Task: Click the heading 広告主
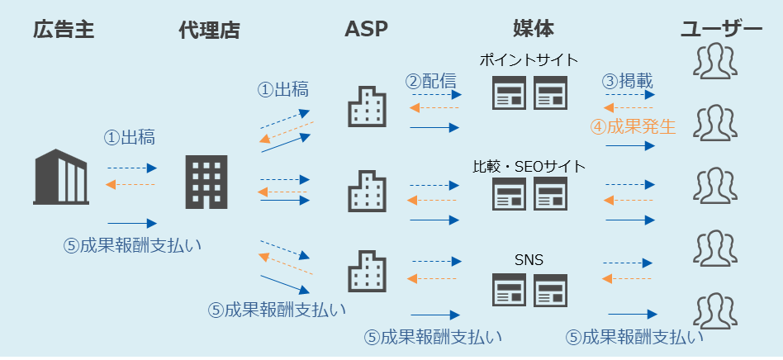[64, 31]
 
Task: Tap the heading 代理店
[210, 31]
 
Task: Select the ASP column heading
[366, 30]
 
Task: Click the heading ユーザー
[721, 31]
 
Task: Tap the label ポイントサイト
[529, 60]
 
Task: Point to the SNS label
[529, 262]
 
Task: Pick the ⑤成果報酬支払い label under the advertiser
[133, 245]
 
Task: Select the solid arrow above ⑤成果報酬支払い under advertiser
[132, 223]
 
